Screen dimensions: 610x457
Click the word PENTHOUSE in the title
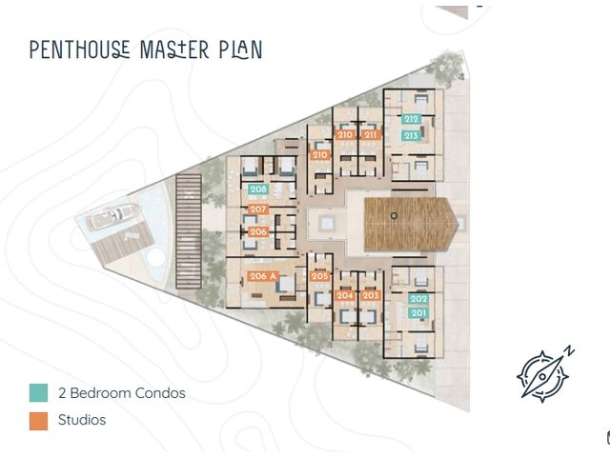point(80,50)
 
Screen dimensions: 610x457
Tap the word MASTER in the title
point(174,50)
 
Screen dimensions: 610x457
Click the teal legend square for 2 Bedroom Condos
point(38,392)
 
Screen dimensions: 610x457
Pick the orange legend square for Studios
point(38,421)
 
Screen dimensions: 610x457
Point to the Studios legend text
point(82,420)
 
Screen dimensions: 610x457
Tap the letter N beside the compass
point(570,351)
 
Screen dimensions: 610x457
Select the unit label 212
point(411,119)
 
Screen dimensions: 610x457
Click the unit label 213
point(411,135)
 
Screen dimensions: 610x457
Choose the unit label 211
point(371,135)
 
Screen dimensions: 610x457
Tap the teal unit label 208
point(258,189)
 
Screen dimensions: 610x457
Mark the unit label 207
point(258,209)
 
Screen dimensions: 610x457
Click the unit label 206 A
point(263,276)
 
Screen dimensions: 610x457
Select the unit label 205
point(320,276)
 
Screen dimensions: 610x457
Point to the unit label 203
point(371,295)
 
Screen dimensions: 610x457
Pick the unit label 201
point(418,313)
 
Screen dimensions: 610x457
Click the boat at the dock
point(114,216)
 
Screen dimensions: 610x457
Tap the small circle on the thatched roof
point(394,216)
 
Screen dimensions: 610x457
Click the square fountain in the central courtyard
point(326,224)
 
